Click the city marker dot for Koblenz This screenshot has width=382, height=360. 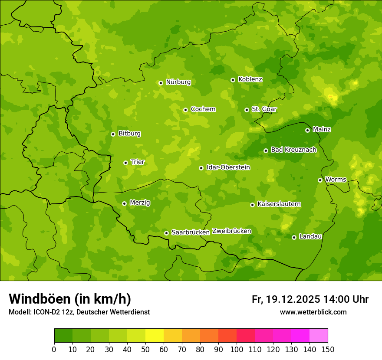233,80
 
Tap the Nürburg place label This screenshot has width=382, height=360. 178,82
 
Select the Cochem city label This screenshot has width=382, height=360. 203,109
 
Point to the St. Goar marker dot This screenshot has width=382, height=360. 247,110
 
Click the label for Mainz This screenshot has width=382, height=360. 322,129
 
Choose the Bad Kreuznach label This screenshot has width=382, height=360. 293,150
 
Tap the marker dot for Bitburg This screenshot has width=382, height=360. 113,134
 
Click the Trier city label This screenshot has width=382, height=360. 138,162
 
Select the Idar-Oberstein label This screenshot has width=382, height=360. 228,167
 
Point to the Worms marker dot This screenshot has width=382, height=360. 320,180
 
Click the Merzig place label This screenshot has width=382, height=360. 140,203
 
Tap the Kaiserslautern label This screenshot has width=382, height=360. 279,204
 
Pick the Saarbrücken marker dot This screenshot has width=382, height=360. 166,233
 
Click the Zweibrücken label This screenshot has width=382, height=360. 231,231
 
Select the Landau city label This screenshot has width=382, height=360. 310,236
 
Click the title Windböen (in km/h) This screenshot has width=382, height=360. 70,299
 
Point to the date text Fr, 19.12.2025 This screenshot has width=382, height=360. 286,299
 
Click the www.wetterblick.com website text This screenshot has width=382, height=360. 313,312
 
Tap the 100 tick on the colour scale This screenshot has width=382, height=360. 237,349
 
